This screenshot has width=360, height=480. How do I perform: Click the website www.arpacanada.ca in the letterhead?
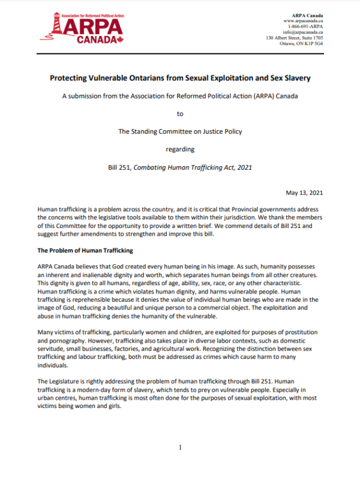tap(304, 20)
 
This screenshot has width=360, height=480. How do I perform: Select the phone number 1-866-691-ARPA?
tap(305, 26)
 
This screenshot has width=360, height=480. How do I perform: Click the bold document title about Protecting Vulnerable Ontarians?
tap(180, 79)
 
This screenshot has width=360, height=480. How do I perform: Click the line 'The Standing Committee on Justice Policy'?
tap(180, 128)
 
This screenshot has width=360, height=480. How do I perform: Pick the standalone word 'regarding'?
tap(180, 145)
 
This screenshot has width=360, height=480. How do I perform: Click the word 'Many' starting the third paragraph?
tap(46, 332)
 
